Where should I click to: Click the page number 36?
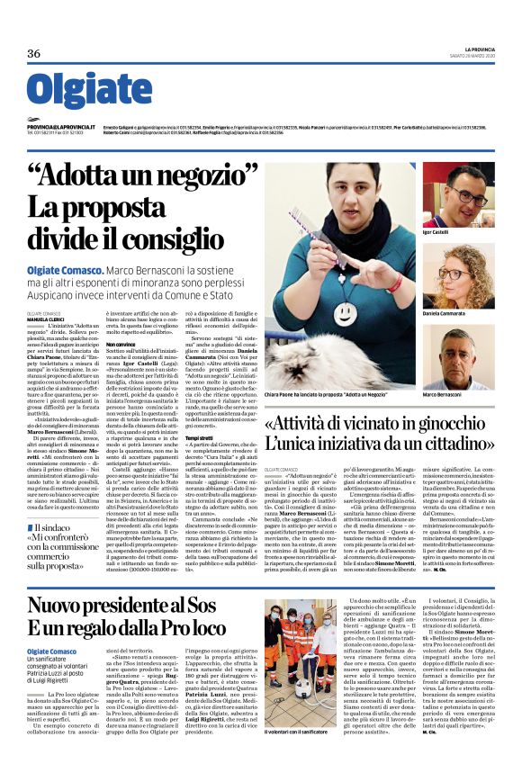[34, 53]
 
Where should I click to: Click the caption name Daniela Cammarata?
[444, 312]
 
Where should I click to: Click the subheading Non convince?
[125, 343]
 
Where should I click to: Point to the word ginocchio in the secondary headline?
[449, 423]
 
